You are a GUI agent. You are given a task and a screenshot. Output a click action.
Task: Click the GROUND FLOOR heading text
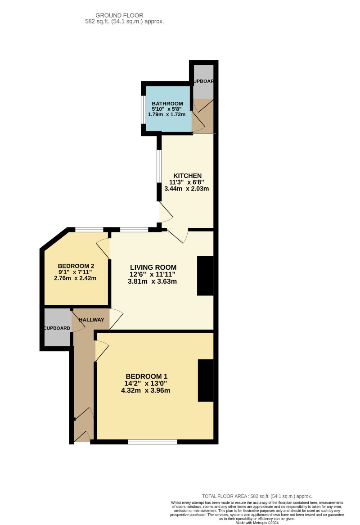pyautogui.click(x=119, y=15)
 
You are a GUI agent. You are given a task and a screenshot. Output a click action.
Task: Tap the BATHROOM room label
pyautogui.click(x=167, y=104)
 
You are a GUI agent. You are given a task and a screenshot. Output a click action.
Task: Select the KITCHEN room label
pyautogui.click(x=188, y=176)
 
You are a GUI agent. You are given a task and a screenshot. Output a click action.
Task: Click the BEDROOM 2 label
pyautogui.click(x=76, y=266)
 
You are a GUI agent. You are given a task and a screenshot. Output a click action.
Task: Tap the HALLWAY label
pyautogui.click(x=91, y=320)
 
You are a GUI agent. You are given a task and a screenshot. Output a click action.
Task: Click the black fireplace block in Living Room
pyautogui.click(x=205, y=276)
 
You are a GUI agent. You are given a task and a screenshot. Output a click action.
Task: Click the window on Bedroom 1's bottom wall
pyautogui.click(x=152, y=442)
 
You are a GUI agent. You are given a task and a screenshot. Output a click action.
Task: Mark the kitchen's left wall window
pyautogui.click(x=159, y=166)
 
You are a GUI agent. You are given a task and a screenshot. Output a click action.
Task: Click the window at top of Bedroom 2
pyautogui.click(x=89, y=230)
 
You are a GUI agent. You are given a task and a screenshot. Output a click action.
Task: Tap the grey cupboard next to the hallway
pyautogui.click(x=57, y=328)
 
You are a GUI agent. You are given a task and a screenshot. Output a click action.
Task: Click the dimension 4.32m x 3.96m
pyautogui.click(x=145, y=390)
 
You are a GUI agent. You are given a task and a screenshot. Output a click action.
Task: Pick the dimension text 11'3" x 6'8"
pyautogui.click(x=186, y=182)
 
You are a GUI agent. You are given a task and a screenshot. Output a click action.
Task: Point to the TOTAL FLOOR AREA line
pyautogui.click(x=256, y=496)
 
